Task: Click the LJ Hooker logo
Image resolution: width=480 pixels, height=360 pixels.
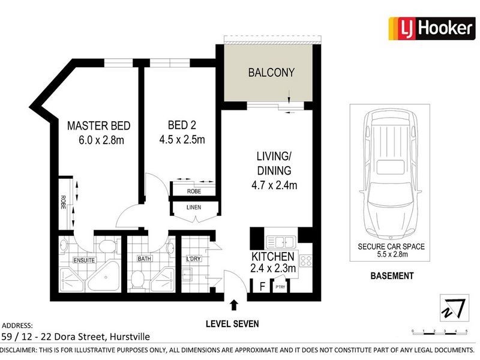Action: click(431, 28)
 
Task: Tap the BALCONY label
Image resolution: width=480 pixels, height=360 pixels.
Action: click(271, 73)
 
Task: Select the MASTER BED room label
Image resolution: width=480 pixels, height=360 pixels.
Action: click(98, 126)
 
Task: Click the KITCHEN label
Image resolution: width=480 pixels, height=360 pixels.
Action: click(273, 256)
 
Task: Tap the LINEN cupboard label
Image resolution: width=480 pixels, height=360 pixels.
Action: click(193, 208)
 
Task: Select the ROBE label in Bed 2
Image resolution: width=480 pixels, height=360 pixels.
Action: click(193, 191)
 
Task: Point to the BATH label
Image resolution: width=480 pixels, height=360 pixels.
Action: click(144, 260)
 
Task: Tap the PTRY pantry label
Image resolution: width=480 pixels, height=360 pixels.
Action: click(280, 287)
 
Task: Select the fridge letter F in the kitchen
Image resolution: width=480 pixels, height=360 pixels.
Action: click(262, 286)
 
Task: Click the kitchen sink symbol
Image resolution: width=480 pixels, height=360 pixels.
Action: click(280, 242)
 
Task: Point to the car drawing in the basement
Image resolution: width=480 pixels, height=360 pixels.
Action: click(389, 174)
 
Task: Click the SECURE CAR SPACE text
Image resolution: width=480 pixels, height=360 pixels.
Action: click(391, 247)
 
